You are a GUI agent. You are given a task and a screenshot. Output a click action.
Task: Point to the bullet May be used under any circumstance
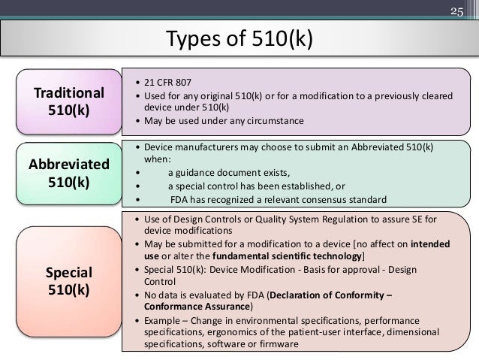(x=218, y=119)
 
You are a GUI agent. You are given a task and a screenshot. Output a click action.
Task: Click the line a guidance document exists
(x=217, y=174)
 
